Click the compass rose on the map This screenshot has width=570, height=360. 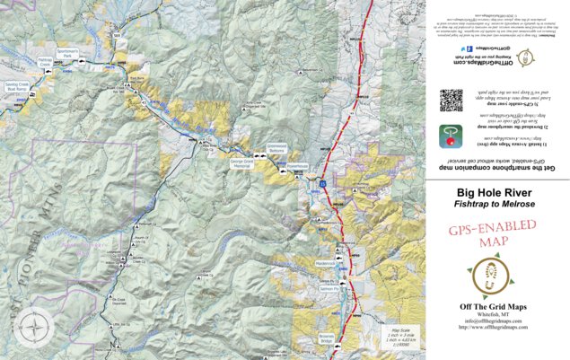click(36, 324)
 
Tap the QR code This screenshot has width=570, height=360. click(450, 98)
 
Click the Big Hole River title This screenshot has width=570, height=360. click(495, 192)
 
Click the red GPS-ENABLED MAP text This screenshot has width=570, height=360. click(485, 238)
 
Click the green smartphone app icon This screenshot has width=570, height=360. click(450, 137)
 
